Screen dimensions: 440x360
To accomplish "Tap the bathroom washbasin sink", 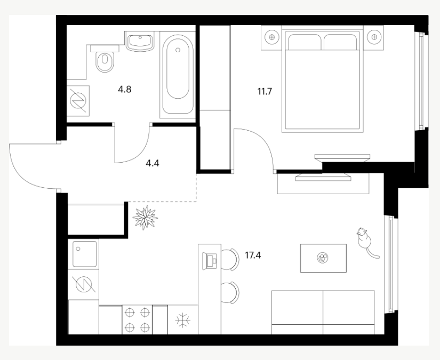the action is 140,42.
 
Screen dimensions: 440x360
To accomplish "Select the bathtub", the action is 178,74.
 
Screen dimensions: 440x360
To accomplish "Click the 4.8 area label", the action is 125,90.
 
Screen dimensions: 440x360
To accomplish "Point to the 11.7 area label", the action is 265,92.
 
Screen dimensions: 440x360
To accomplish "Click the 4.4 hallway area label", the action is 153,163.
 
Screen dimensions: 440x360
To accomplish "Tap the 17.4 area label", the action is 253,255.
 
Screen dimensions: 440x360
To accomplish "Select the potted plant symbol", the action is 145,218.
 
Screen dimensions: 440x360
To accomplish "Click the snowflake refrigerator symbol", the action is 183,320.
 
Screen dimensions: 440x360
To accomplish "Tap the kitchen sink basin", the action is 84,254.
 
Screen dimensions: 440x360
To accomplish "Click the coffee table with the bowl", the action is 323,258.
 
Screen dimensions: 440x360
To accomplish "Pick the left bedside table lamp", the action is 271,37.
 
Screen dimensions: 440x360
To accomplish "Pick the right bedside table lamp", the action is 373,37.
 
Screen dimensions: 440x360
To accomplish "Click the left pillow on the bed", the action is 305,42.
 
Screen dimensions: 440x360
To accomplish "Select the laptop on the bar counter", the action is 210,261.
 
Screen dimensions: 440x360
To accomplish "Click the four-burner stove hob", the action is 137,320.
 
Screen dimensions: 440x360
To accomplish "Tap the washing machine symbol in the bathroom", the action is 78,101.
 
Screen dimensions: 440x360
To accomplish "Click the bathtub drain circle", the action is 178,50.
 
